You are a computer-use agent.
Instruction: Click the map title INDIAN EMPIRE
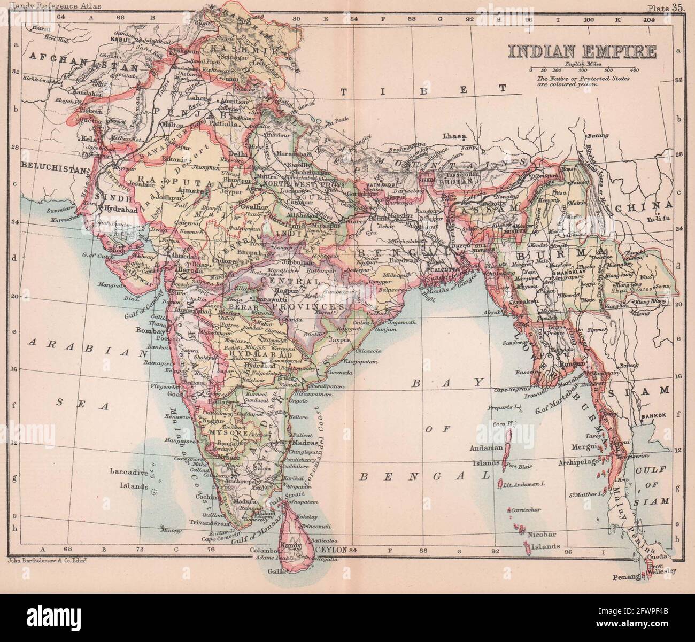582,52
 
